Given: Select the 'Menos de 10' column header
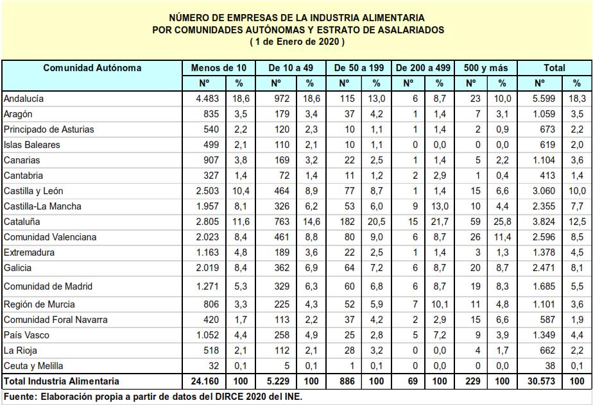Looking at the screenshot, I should pyautogui.click(x=218, y=68).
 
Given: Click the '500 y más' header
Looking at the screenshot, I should pyautogui.click(x=486, y=68).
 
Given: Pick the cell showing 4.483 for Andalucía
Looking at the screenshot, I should pyautogui.click(x=208, y=99).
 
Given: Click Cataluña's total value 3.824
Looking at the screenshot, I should pyautogui.click(x=544, y=222).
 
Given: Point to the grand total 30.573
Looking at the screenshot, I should pyautogui.click(x=542, y=381).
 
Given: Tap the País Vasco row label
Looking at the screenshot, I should pyautogui.click(x=26, y=335).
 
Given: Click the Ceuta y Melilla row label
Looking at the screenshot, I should pyautogui.click(x=34, y=366).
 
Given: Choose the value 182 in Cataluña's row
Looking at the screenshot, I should pyautogui.click(x=347, y=222).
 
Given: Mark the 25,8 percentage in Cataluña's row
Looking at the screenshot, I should pyautogui.click(x=503, y=222).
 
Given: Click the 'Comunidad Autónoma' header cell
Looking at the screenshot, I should pyautogui.click(x=92, y=68).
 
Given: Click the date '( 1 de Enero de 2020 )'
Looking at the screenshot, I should pyautogui.click(x=297, y=42).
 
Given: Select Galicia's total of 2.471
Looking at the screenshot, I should pyautogui.click(x=544, y=268).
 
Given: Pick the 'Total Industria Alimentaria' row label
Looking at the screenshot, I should pyautogui.click(x=62, y=381).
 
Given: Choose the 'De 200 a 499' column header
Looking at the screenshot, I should pyautogui.click(x=423, y=68).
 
